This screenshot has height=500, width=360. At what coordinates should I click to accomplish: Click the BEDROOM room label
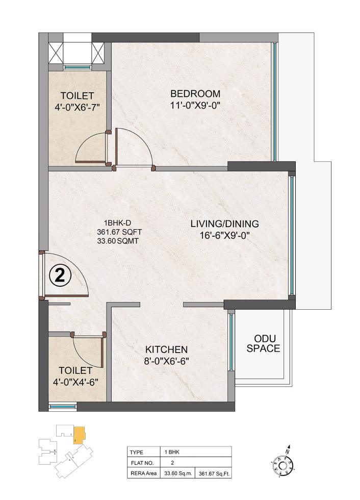[x=195, y=94]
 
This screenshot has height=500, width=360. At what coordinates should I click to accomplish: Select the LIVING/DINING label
[x=225, y=223]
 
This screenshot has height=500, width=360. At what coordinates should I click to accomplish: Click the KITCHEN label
[x=167, y=349]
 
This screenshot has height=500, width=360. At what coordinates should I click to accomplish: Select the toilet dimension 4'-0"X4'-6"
[x=78, y=381]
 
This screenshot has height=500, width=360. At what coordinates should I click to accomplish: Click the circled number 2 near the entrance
[x=59, y=276]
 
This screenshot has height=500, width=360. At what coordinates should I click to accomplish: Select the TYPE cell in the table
[x=137, y=452]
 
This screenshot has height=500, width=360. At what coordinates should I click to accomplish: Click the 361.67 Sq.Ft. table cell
[x=215, y=473]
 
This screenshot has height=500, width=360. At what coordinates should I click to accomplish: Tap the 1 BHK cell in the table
[x=172, y=452]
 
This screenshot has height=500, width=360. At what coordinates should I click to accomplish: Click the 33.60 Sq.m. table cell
[x=178, y=473]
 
